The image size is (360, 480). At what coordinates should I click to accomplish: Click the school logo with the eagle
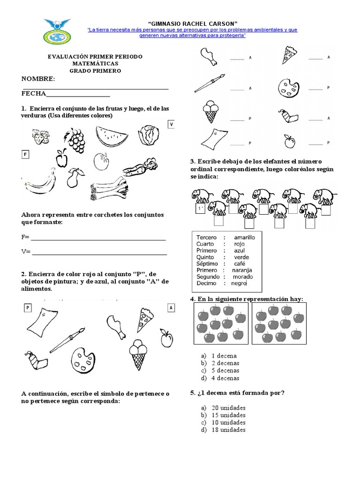pyautogui.click(x=57, y=31)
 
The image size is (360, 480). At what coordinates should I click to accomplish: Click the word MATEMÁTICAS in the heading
pyautogui.click(x=95, y=63)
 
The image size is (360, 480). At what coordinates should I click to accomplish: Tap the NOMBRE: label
pyautogui.click(x=38, y=78)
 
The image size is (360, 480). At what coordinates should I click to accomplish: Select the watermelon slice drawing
pyautogui.click(x=112, y=136)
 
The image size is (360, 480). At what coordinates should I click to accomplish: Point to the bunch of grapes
pyautogui.click(x=75, y=139)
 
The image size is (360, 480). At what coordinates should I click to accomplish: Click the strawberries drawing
pyautogui.click(x=40, y=137)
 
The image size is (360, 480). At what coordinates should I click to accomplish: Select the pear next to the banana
pyautogui.click(x=74, y=178)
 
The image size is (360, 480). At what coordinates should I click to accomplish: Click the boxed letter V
pyautogui.click(x=172, y=124)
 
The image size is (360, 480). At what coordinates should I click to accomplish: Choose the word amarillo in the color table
pyautogui.click(x=244, y=237)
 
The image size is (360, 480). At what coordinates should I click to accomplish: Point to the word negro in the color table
pyautogui.click(x=239, y=283)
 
